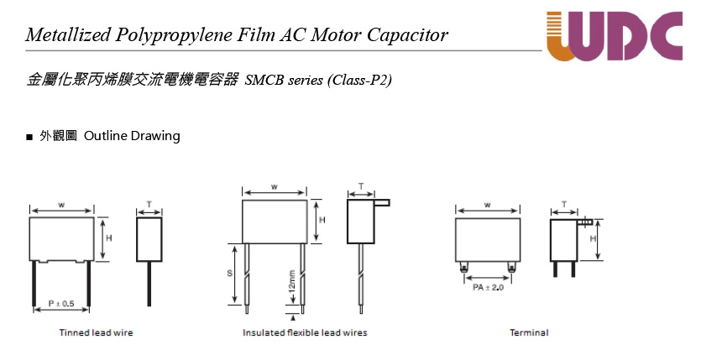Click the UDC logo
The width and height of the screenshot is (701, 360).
tap(615, 36)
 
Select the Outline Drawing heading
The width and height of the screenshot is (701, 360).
tap(132, 136)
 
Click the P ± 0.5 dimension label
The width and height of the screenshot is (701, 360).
tap(61, 304)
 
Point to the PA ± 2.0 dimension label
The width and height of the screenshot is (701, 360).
tap(489, 287)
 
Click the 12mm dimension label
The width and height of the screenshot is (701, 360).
tap(292, 280)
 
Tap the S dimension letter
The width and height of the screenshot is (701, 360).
tap(230, 273)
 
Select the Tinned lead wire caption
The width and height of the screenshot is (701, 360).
tap(96, 333)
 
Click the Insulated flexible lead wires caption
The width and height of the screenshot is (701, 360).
tap(305, 333)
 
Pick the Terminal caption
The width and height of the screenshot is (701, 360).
tap(529, 333)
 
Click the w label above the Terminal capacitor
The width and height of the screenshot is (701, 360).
tap(487, 205)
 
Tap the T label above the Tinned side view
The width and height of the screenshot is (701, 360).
tap(149, 204)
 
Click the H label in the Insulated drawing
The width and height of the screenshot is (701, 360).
tap(322, 220)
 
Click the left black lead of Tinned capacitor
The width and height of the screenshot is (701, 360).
tap(34, 284)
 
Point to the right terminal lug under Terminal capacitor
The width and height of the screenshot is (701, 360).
tap(511, 267)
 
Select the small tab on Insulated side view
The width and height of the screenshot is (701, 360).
tap(382, 203)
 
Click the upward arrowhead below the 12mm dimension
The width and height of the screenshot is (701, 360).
tap(293, 317)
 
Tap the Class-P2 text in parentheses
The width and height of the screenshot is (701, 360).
tap(359, 80)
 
